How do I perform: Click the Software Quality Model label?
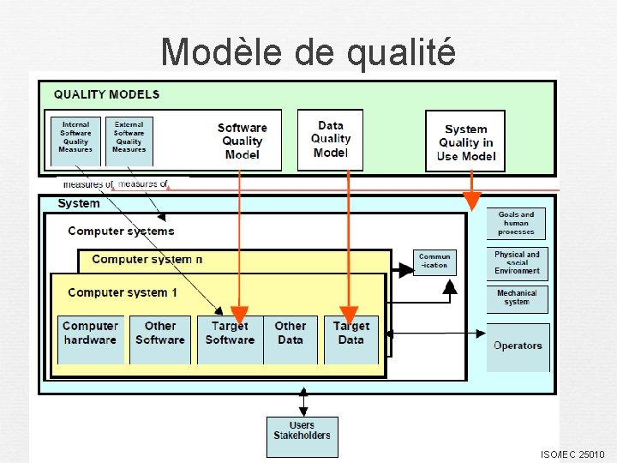point(242,141)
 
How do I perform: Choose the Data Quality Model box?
point(330,139)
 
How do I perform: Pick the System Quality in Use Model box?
point(465,141)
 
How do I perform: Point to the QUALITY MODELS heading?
point(106,94)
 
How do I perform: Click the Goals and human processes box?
point(516,224)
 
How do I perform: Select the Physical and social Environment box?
point(517,262)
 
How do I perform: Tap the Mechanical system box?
point(517,298)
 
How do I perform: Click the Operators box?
point(518,346)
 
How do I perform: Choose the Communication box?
point(434,262)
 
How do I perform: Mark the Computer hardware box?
point(90,334)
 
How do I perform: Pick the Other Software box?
point(159,334)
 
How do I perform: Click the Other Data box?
point(291,334)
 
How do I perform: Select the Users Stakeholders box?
point(302,430)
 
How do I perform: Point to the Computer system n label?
point(147,259)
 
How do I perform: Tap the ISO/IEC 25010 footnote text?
point(572,454)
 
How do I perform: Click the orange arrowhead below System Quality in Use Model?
point(471,201)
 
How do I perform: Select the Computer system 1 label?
point(123,292)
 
